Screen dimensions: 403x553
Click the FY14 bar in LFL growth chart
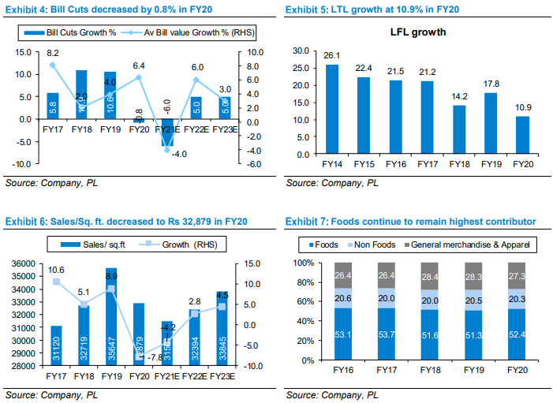[x=332, y=109]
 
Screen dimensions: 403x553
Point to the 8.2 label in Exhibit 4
[x=53, y=52]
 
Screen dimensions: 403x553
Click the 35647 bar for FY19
[x=111, y=316]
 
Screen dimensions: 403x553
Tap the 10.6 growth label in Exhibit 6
[x=55, y=270]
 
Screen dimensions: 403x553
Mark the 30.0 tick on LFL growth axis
[x=301, y=50]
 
